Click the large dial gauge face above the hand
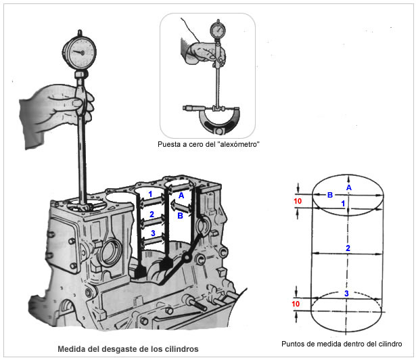coord(79,53)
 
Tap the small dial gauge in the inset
coord(218,30)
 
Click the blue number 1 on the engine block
coord(150,194)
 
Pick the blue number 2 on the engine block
coord(152,215)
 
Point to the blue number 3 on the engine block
coord(153,233)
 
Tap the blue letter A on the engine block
coord(181,196)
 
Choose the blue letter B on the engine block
coord(180,216)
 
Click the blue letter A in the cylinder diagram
coord(349,187)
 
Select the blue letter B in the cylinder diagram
coord(330,195)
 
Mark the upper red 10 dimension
coord(298,201)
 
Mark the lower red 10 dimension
coord(296,304)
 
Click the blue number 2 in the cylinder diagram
coord(348,248)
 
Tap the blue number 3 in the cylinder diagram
coord(346,294)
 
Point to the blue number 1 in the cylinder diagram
coord(343,204)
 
